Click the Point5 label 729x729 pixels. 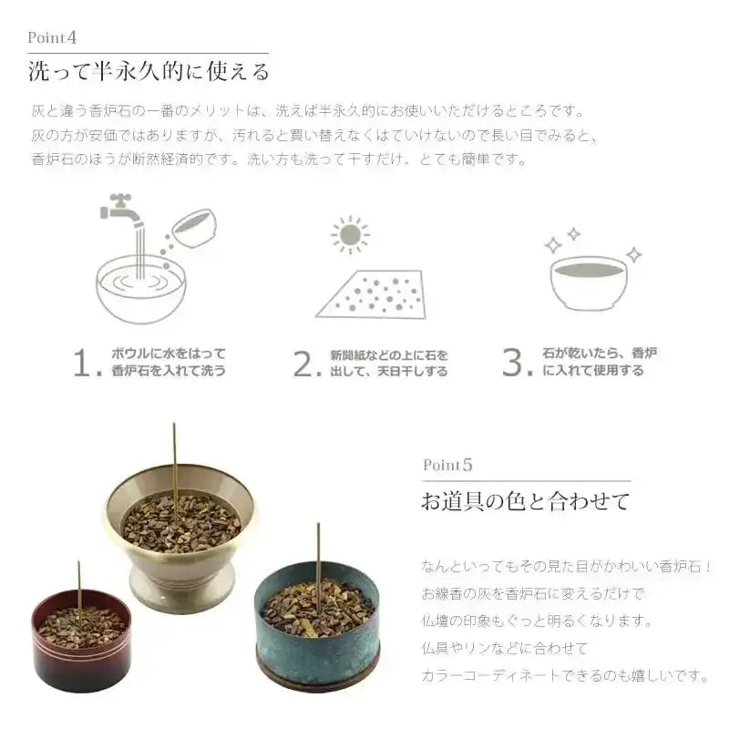pos(448,465)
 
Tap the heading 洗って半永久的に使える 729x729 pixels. pos(149,70)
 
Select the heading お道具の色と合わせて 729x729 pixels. pos(526,501)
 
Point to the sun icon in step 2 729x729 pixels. pos(349,235)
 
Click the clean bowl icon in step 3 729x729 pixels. pos(589,282)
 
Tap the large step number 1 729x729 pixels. pos(86,363)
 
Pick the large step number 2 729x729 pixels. pos(304,363)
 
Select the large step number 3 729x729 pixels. pos(515,362)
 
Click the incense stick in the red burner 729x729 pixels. pos(79,588)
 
